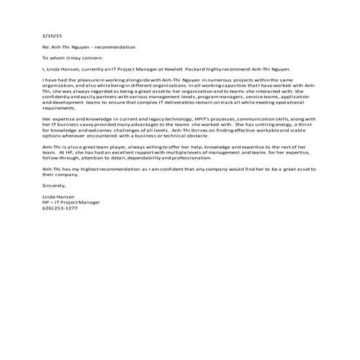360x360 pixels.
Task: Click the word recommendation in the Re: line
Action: point(113,47)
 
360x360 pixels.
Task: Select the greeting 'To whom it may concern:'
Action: point(73,56)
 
